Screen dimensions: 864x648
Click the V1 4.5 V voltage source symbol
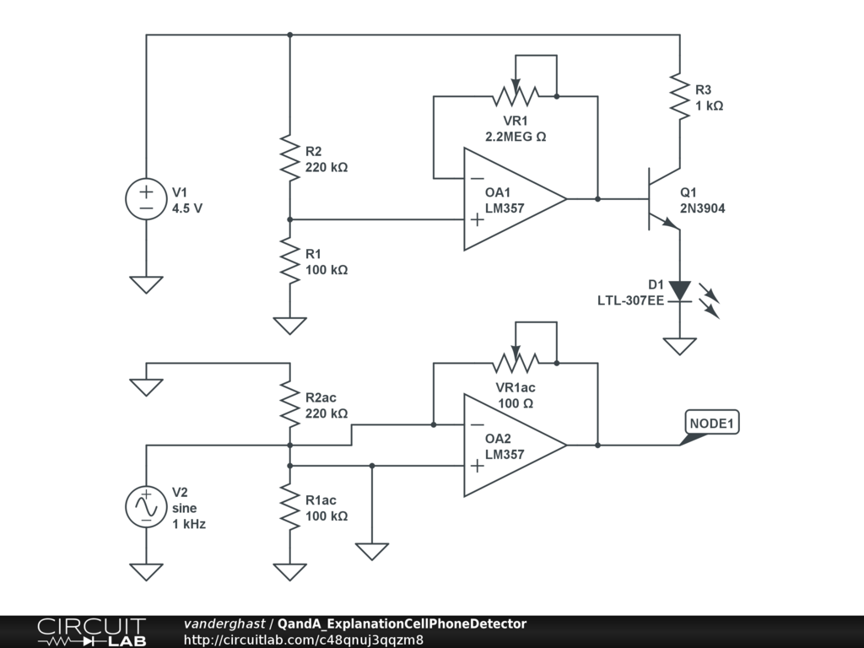pos(146,199)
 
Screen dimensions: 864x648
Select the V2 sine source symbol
pos(146,506)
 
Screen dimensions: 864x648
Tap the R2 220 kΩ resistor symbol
pos(290,158)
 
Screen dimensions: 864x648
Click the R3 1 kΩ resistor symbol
pos(680,96)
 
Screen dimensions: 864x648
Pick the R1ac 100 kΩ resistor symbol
pos(290,506)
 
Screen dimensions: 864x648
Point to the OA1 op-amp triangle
pos(515,199)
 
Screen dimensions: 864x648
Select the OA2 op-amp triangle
pos(515,445)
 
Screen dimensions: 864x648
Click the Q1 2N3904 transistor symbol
pos(664,199)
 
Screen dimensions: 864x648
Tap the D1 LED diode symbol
pos(680,291)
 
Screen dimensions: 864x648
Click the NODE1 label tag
pos(712,424)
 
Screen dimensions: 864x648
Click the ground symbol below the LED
pos(680,346)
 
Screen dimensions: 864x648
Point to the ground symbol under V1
pos(146,284)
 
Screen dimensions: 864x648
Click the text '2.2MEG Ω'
pos(516,137)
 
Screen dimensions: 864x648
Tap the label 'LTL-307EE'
pos(631,301)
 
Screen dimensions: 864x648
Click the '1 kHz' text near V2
pos(189,524)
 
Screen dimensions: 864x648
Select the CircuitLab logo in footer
pos(92,632)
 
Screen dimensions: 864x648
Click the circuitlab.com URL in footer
pos(304,640)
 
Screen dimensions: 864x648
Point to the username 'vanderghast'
pos(224,624)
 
